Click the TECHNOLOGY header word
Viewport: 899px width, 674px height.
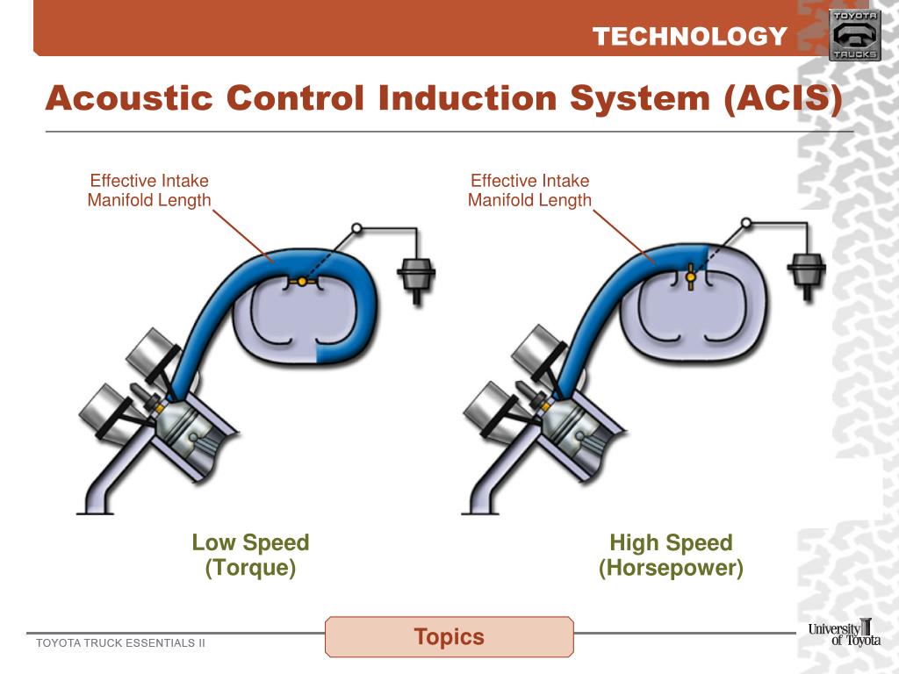click(x=689, y=36)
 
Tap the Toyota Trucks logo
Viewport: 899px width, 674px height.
click(x=853, y=36)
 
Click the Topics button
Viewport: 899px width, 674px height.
click(x=449, y=636)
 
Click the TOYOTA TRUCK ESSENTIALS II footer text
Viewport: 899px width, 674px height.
click(x=120, y=643)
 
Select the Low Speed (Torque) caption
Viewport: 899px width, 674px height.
click(x=250, y=555)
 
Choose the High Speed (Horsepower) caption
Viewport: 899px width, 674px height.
click(x=671, y=555)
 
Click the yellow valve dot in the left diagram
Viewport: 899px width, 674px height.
click(x=302, y=282)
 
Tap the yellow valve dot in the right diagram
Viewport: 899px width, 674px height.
click(x=691, y=277)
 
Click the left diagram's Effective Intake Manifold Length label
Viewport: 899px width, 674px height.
click(x=149, y=190)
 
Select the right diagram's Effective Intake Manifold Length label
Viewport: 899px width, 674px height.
click(x=529, y=190)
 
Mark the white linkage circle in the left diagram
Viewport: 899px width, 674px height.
click(x=356, y=228)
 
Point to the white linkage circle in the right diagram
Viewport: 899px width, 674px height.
click(x=745, y=223)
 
